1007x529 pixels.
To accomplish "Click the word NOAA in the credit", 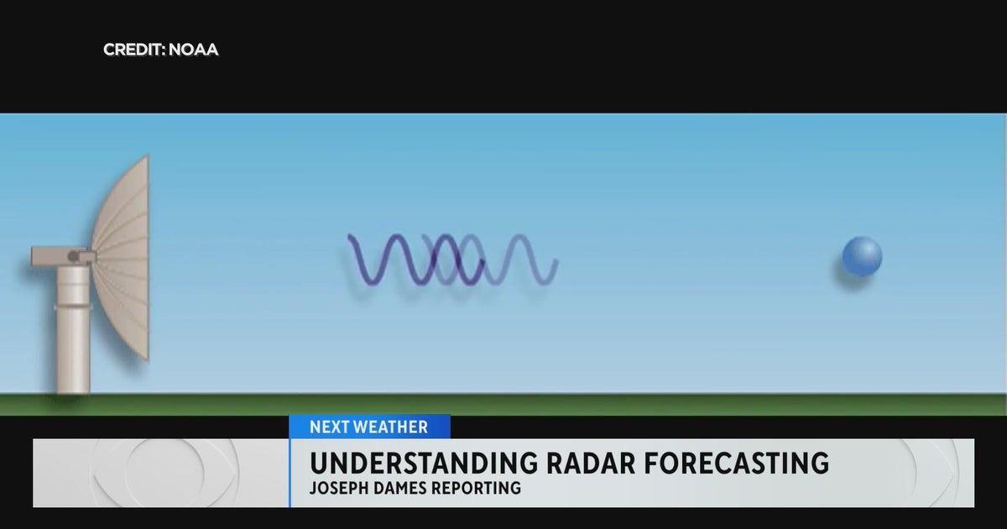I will (193, 50).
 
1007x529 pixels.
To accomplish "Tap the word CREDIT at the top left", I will (133, 50).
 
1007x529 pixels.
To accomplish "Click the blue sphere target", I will (862, 255).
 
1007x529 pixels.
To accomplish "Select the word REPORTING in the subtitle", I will (479, 488).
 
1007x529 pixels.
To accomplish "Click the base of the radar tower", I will (73, 385).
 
